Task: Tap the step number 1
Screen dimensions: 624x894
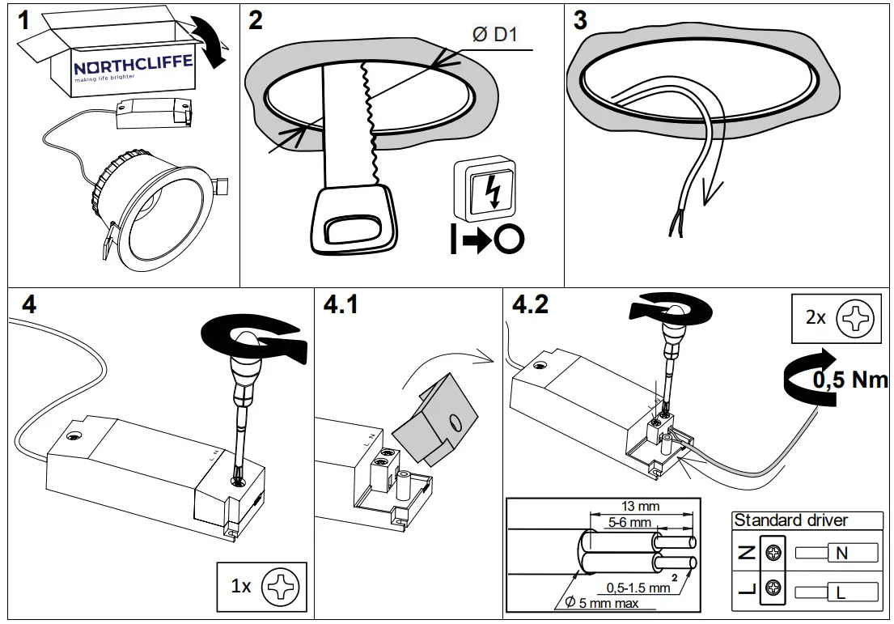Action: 24,20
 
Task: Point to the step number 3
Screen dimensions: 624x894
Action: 580,20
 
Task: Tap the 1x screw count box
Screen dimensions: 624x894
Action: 261,585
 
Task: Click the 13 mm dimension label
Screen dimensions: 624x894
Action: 641,507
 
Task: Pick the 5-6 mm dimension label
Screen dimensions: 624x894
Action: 629,523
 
